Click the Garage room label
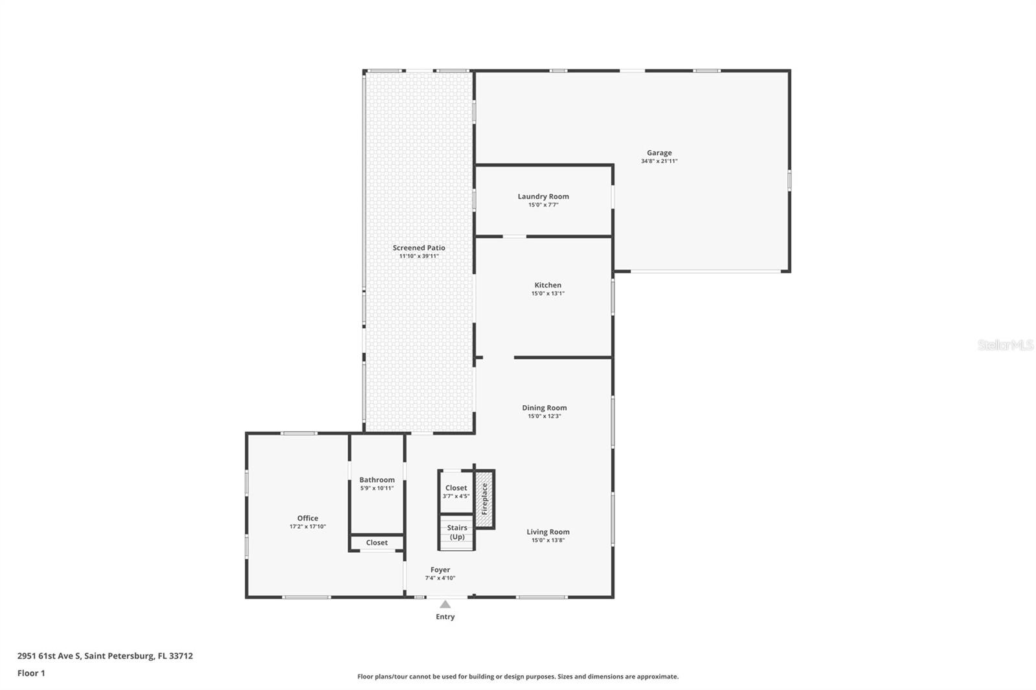click(x=659, y=153)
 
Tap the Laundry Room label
click(x=543, y=196)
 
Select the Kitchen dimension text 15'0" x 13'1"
click(x=548, y=293)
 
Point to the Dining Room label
click(x=544, y=408)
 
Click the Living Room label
click(x=548, y=532)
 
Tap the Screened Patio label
click(x=418, y=247)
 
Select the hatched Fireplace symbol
click(x=484, y=499)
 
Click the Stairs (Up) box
click(x=457, y=532)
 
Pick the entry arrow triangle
click(x=445, y=605)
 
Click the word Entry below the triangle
click(x=445, y=617)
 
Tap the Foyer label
click(x=440, y=570)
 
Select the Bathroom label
click(x=377, y=480)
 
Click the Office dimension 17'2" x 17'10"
click(x=308, y=527)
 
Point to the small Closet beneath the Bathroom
click(x=377, y=542)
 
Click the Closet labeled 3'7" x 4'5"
click(x=456, y=491)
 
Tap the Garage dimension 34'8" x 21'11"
click(x=659, y=161)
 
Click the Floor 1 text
click(x=31, y=673)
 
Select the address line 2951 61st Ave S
click(x=105, y=656)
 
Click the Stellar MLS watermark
click(x=1005, y=345)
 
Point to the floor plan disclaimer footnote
click(x=518, y=676)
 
